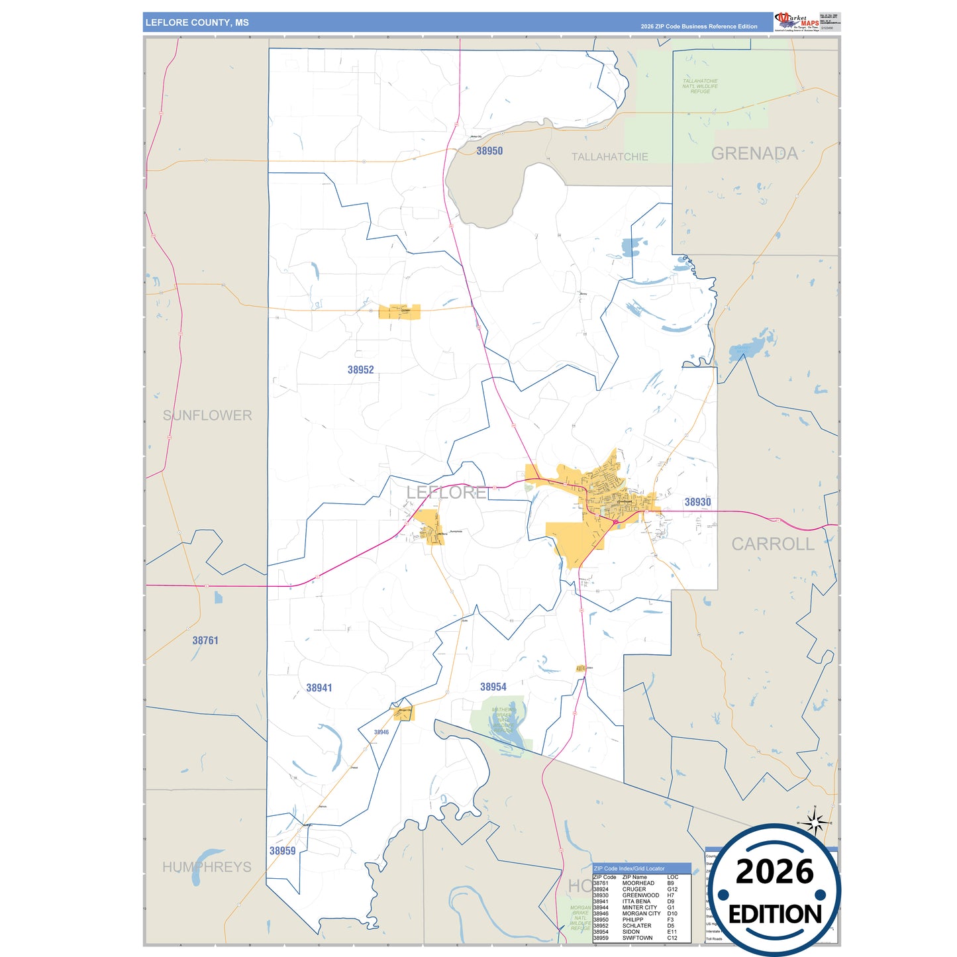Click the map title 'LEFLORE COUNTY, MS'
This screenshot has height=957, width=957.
coord(197,23)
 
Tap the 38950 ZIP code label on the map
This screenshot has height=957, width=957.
coord(489,151)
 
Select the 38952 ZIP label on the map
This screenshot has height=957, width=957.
coord(360,370)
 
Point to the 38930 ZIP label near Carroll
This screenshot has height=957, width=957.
coord(697,502)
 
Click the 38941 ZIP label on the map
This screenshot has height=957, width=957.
coord(319,688)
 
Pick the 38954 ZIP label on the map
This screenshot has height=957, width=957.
coord(493,687)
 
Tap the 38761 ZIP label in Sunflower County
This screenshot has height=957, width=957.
coord(205,640)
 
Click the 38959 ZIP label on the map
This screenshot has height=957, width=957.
coord(282,851)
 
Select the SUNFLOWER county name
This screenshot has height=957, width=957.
coord(207,415)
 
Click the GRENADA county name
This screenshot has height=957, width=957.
coord(754,154)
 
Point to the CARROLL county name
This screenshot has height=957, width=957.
coord(772,544)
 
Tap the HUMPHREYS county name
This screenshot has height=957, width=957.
coord(207,867)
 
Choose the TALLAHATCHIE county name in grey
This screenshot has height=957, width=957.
coord(609,157)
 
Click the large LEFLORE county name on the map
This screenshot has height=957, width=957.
coord(446,492)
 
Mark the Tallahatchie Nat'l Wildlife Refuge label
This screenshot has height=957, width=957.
coord(700,86)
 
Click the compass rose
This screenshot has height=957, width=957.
coord(815,823)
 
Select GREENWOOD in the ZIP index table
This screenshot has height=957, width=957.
coord(640,895)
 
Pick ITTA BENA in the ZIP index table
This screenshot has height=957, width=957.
coord(636,901)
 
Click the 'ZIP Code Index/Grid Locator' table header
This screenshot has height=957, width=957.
coord(629,868)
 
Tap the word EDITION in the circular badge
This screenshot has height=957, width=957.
coord(775,915)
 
